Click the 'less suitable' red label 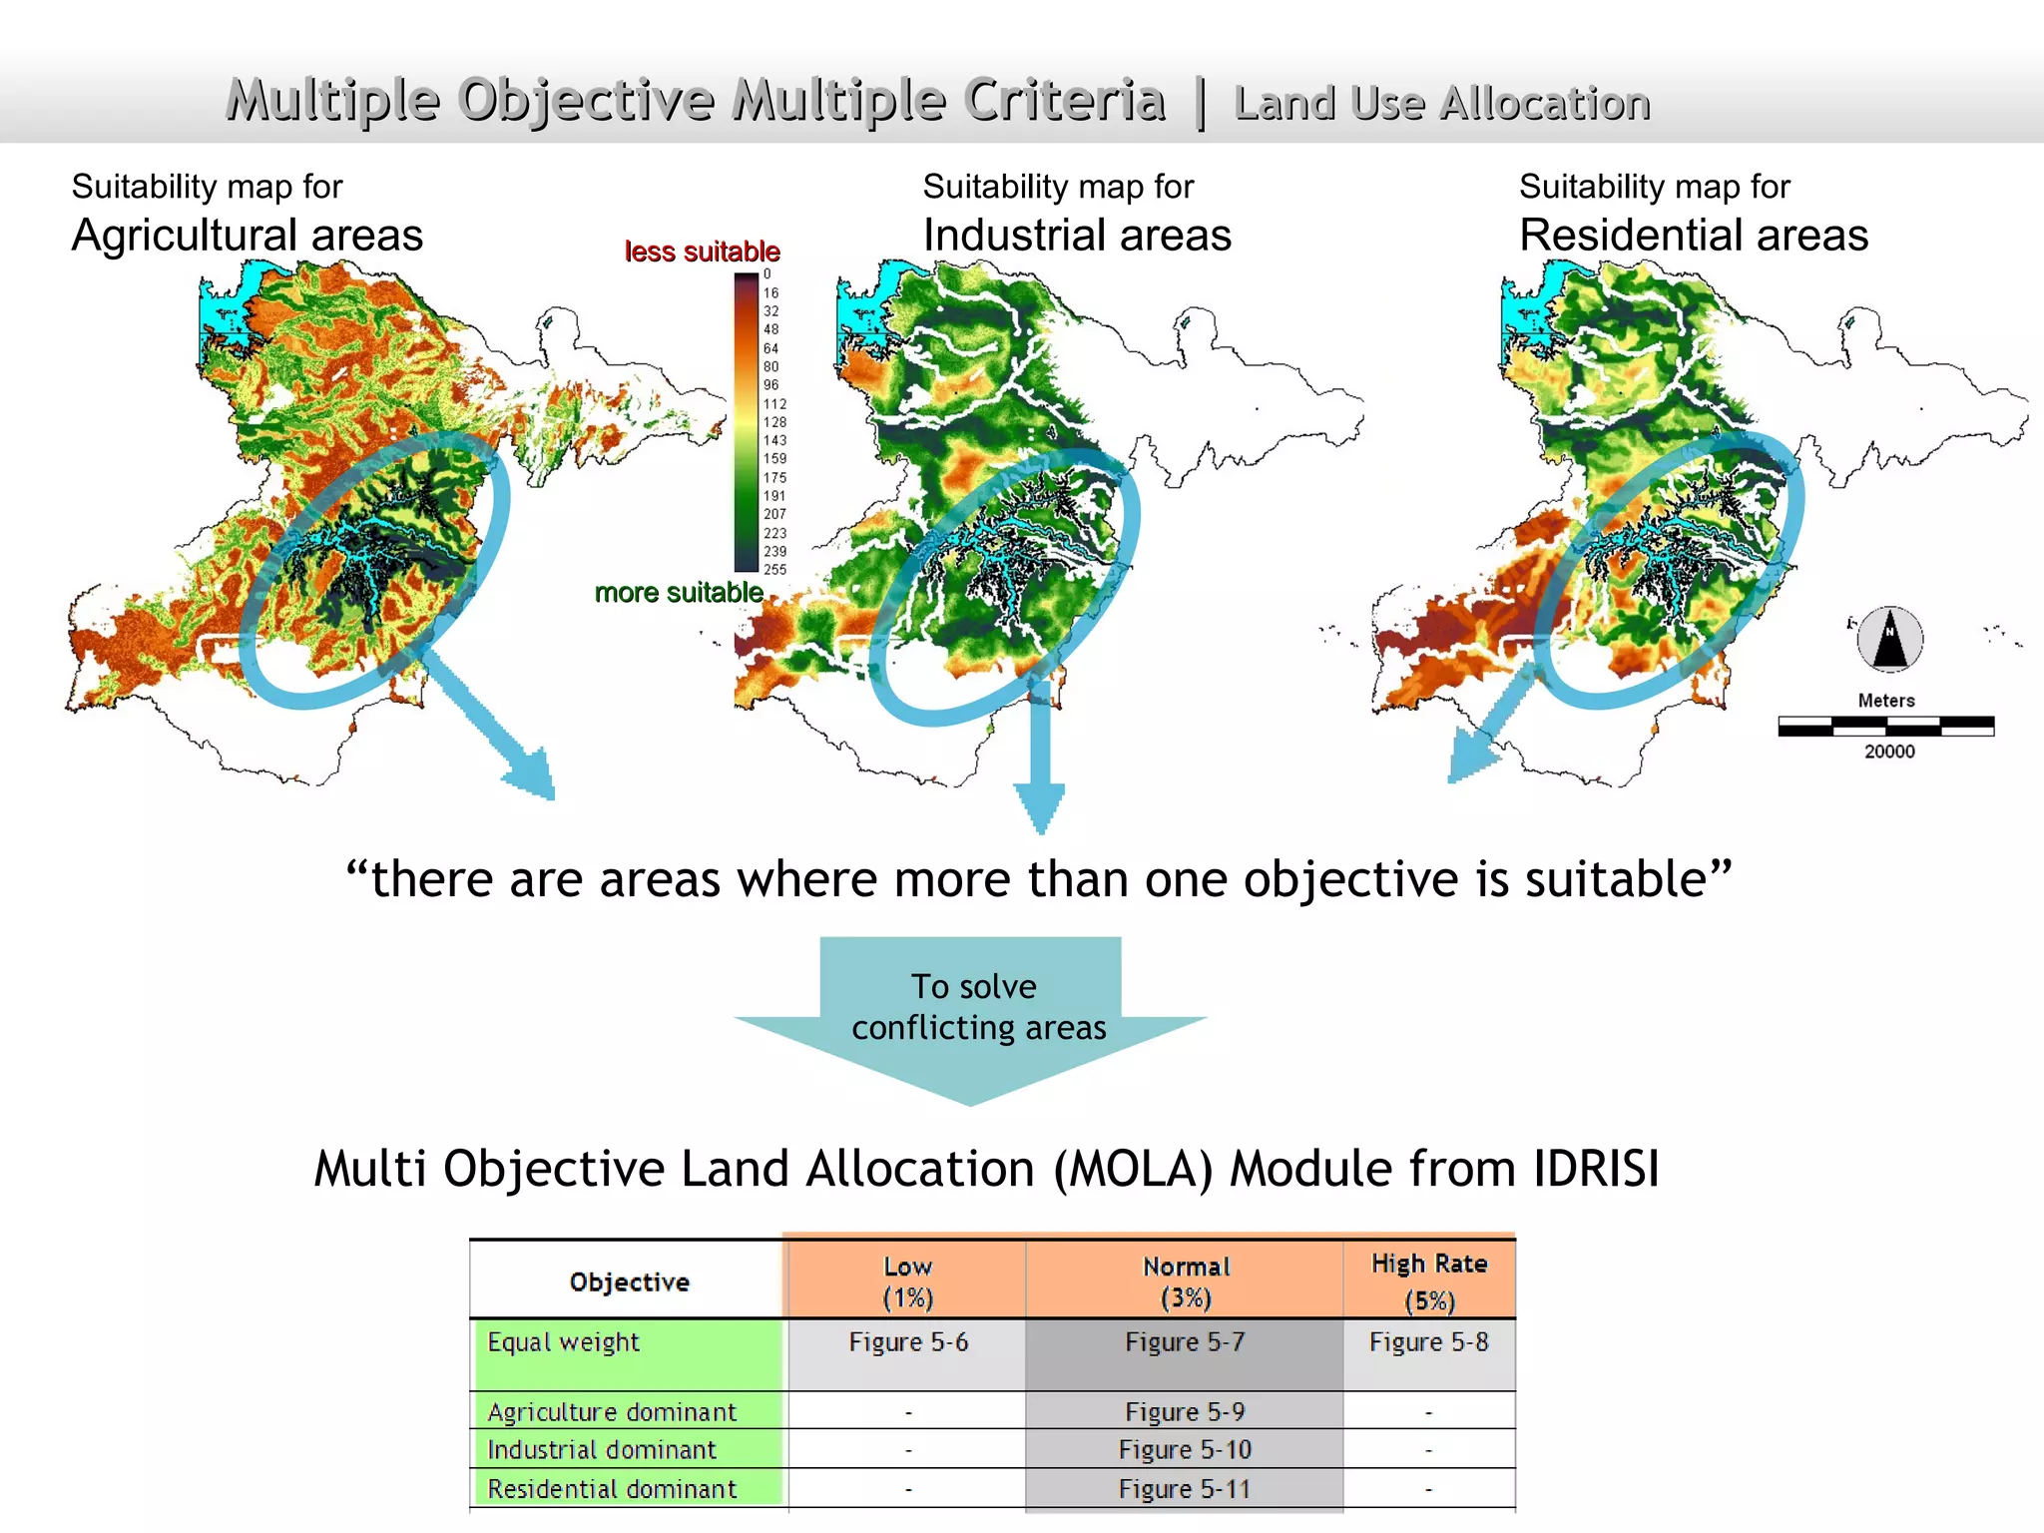(702, 252)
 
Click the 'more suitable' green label (679, 593)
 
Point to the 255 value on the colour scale (774, 570)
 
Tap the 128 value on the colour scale (774, 422)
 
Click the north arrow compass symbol (1889, 639)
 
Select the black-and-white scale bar (1885, 727)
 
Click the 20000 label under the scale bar (1889, 752)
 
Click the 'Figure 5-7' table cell (1185, 1342)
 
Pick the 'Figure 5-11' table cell (1184, 1489)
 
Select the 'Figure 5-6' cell (908, 1342)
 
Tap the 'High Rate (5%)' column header (1429, 1281)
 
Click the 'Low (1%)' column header (907, 1281)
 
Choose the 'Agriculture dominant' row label (612, 1412)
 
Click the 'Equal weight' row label (563, 1342)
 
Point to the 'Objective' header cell (629, 1282)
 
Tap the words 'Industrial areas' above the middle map (1077, 236)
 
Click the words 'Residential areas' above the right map (1693, 236)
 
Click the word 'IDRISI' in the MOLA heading (1596, 1169)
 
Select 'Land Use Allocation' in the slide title (1441, 104)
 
